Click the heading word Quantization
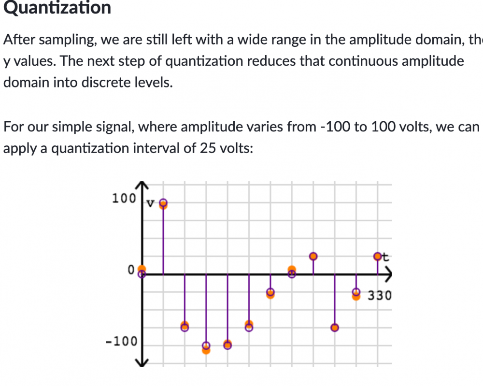click(x=57, y=8)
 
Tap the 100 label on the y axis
click(x=123, y=198)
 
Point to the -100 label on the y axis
click(x=122, y=342)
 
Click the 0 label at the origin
click(x=131, y=271)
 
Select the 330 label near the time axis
click(x=379, y=295)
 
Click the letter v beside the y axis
click(x=150, y=204)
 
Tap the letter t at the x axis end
click(x=385, y=257)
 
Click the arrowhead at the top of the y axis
click(x=142, y=185)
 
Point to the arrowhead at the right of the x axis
click(x=389, y=274)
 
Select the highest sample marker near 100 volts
click(x=163, y=203)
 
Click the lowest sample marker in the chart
click(x=206, y=347)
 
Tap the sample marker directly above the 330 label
click(x=378, y=256)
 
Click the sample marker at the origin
click(x=142, y=272)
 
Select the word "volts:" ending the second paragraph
click(x=235, y=148)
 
